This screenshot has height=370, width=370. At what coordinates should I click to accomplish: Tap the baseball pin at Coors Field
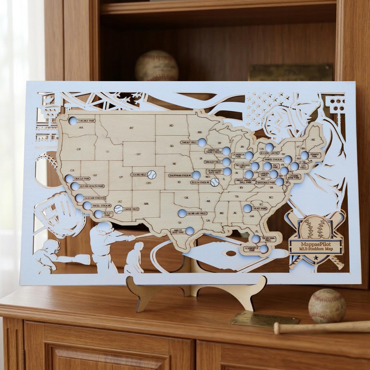click(x=152, y=175)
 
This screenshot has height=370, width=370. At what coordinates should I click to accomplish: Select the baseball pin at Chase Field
click(x=118, y=209)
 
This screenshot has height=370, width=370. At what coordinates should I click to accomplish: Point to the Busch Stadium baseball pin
click(x=215, y=182)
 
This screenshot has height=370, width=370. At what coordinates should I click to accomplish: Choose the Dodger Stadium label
click(x=95, y=198)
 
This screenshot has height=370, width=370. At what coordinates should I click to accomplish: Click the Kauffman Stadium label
click(x=180, y=175)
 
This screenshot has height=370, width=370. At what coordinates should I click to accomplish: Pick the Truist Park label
click(x=259, y=208)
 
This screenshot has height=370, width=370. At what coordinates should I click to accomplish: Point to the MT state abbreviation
click(x=131, y=128)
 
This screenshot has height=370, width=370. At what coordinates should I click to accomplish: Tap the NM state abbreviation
click(x=146, y=203)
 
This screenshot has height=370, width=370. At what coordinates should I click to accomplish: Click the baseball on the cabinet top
click(x=327, y=305)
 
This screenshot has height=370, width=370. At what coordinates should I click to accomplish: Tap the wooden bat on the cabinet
click(x=321, y=327)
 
